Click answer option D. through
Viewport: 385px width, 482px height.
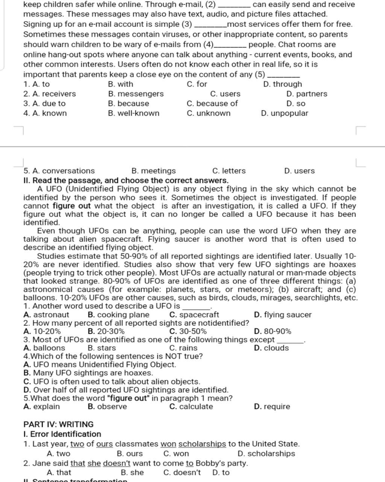(x=282, y=84)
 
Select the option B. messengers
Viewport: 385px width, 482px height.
(x=136, y=94)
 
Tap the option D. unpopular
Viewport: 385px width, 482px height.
(x=284, y=113)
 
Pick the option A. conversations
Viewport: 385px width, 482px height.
(x=59, y=171)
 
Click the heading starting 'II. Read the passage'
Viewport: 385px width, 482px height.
(x=126, y=180)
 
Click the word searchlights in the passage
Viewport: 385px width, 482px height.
(x=319, y=298)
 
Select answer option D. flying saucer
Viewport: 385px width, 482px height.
(x=283, y=315)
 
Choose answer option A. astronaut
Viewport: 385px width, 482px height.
(x=46, y=315)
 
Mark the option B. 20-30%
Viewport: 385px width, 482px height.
(x=106, y=331)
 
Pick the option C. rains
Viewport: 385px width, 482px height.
(x=183, y=348)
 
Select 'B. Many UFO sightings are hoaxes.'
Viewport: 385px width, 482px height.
(x=88, y=373)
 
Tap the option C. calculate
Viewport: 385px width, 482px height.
(x=191, y=407)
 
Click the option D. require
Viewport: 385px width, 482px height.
(x=272, y=407)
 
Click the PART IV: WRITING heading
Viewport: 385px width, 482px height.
(x=58, y=424)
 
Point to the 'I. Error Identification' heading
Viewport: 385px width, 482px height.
(x=62, y=434)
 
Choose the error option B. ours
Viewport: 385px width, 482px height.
(x=130, y=454)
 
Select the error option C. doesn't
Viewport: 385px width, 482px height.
(x=182, y=473)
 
